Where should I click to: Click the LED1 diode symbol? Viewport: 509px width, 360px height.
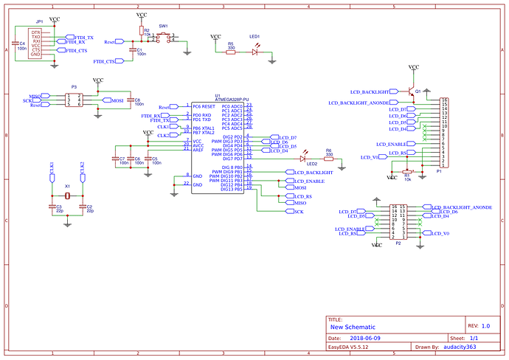pyautogui.click(x=256, y=52)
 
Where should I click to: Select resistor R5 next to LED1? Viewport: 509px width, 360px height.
pyautogui.click(x=231, y=52)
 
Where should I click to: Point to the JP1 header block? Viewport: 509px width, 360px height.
pyautogui.click(x=35, y=44)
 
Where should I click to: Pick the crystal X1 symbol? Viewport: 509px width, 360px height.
pyautogui.click(x=67, y=195)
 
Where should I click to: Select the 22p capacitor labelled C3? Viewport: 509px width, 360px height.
pyautogui.click(x=52, y=207)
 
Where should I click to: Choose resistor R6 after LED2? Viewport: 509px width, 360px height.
pyautogui.click(x=329, y=158)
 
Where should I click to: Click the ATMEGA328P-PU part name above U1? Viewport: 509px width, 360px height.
pyautogui.click(x=232, y=99)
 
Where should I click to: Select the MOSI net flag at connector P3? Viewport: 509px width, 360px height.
pyautogui.click(x=117, y=100)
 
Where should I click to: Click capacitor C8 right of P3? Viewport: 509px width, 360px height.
pyautogui.click(x=131, y=101)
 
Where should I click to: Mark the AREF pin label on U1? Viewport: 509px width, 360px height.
pyautogui.click(x=198, y=150)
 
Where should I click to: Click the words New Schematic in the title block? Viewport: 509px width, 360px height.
pyautogui.click(x=353, y=326)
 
